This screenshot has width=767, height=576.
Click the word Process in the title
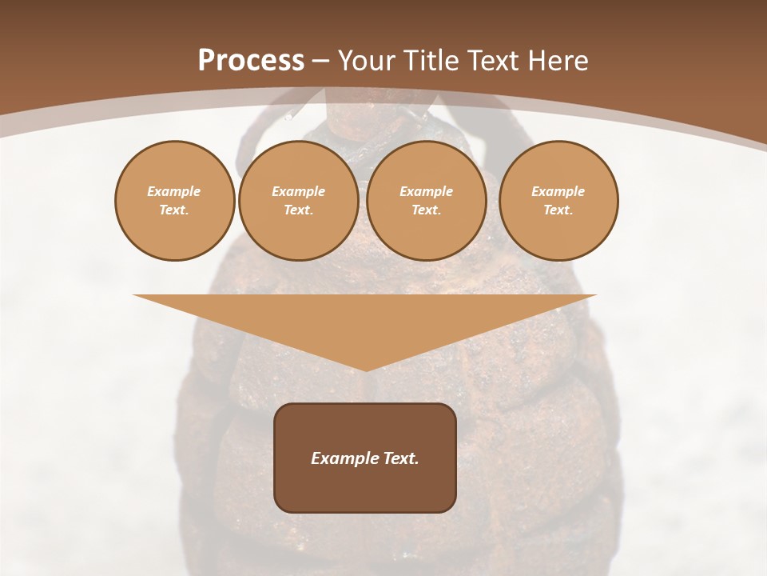click(x=251, y=61)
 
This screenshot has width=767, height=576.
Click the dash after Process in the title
click(x=320, y=62)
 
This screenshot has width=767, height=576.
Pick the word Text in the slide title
click(x=492, y=61)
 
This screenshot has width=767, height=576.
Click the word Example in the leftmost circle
click(x=174, y=191)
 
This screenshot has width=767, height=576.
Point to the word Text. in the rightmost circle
click(x=558, y=210)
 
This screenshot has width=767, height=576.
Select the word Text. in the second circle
click(x=298, y=210)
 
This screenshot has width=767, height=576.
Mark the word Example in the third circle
click(x=426, y=191)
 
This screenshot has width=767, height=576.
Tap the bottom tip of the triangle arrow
click(x=365, y=369)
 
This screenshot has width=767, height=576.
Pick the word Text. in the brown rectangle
click(x=400, y=458)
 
